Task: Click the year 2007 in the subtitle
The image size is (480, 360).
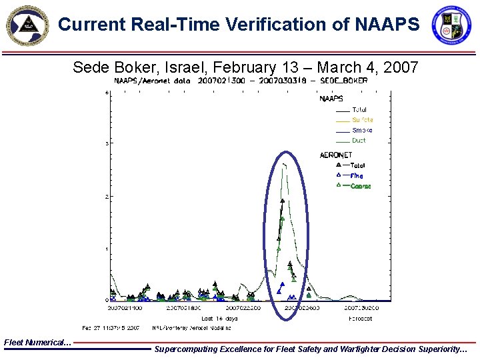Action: [400, 67]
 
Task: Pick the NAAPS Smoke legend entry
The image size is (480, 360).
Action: [362, 131]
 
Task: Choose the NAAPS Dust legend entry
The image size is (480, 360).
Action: [359, 141]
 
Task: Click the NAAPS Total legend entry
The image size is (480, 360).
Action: [359, 110]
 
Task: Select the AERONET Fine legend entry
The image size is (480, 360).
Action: [356, 175]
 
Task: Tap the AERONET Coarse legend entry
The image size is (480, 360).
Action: [360, 186]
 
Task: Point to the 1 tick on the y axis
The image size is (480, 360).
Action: [107, 249]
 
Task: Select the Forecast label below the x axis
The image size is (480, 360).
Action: [361, 319]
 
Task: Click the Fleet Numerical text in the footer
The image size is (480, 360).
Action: [37, 342]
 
